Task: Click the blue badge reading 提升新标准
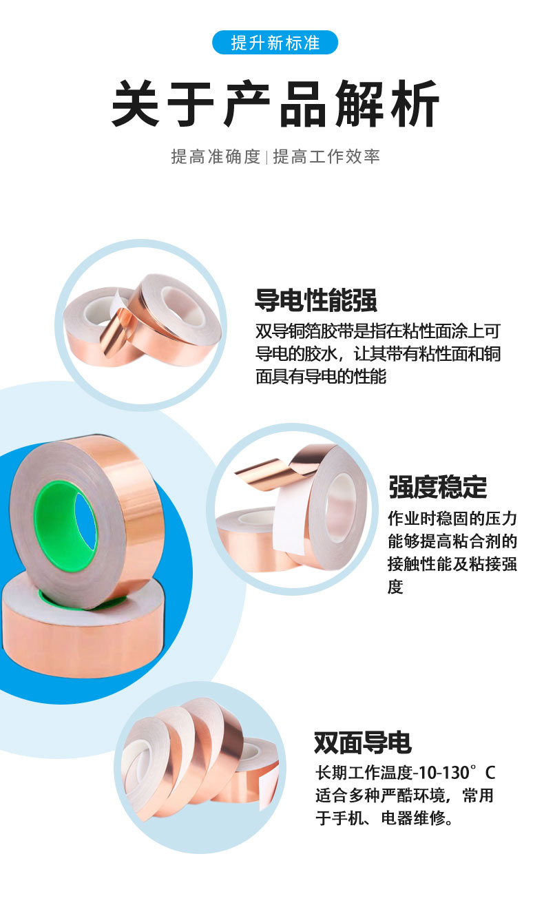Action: point(275,43)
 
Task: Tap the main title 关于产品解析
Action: point(275,103)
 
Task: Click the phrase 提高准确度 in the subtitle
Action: point(216,156)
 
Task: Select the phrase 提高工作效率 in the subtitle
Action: point(326,156)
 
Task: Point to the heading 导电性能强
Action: point(316,300)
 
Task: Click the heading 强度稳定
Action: point(438,487)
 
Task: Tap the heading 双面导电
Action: point(362,742)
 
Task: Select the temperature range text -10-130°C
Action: point(454,773)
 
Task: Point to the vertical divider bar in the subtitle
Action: point(266,157)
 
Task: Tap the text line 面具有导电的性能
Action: point(321,376)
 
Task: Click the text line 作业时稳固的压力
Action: point(452,519)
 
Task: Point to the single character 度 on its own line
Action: point(395,587)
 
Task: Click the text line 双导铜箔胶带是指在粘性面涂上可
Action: point(378,331)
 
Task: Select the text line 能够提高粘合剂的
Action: point(452,541)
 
